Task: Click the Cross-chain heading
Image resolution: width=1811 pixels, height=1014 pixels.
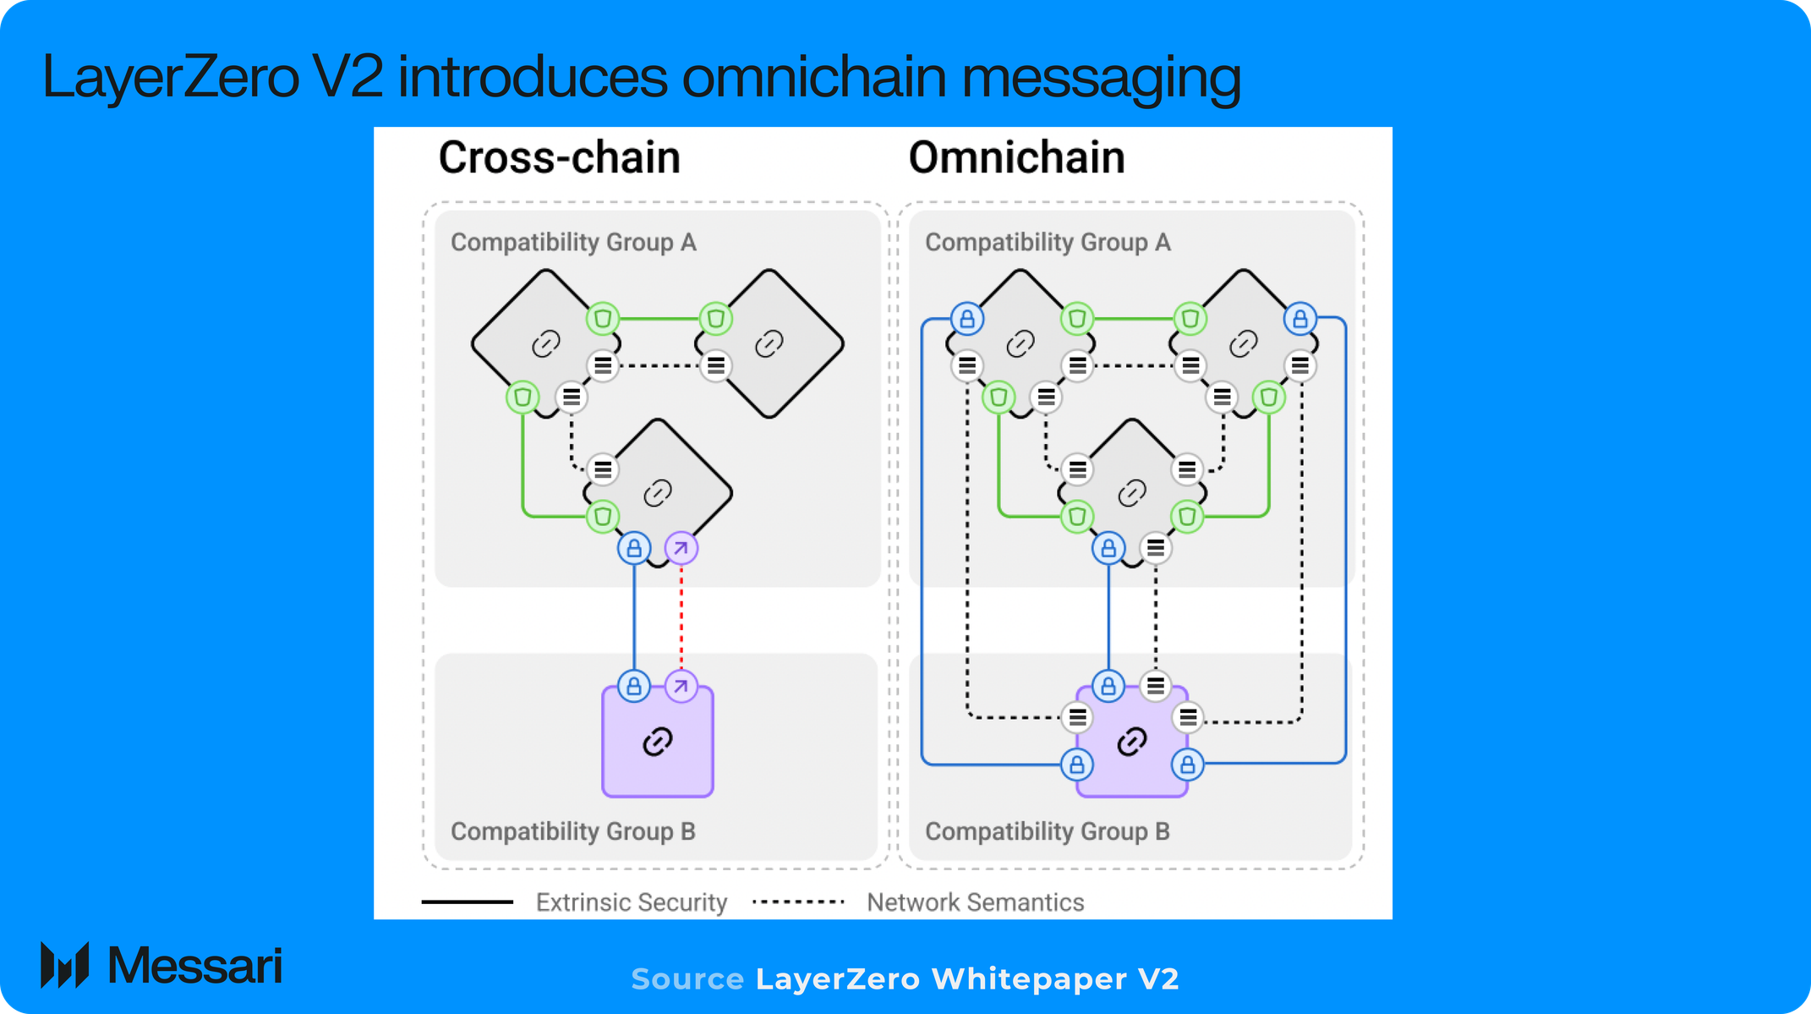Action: click(x=559, y=158)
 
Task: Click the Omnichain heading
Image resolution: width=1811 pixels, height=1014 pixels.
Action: click(x=1016, y=158)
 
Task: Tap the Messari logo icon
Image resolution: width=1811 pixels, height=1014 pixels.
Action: click(x=65, y=965)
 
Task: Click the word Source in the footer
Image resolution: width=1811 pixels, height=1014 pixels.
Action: click(x=687, y=979)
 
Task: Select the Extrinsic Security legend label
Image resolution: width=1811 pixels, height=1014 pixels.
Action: click(x=631, y=902)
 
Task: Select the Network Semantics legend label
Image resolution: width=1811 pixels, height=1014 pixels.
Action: click(x=975, y=902)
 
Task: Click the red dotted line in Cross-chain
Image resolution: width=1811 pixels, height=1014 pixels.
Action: click(x=681, y=617)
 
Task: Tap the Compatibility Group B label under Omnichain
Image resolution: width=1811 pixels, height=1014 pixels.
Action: click(x=1047, y=831)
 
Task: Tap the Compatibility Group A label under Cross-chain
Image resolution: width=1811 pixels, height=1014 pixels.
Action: click(x=573, y=243)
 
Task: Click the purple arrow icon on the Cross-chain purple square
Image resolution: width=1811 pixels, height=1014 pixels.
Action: click(x=681, y=686)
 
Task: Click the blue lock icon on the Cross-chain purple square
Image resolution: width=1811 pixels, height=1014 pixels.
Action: click(x=634, y=686)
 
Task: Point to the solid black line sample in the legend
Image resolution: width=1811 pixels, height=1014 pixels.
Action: click(x=467, y=902)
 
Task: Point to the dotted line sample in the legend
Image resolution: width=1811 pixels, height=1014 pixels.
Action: click(x=798, y=902)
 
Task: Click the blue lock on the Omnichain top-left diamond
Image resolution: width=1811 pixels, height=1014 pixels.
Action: click(x=967, y=319)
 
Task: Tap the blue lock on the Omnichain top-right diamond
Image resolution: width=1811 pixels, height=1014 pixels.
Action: click(x=1300, y=319)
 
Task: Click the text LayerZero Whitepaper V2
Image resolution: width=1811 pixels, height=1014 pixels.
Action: click(x=966, y=979)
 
